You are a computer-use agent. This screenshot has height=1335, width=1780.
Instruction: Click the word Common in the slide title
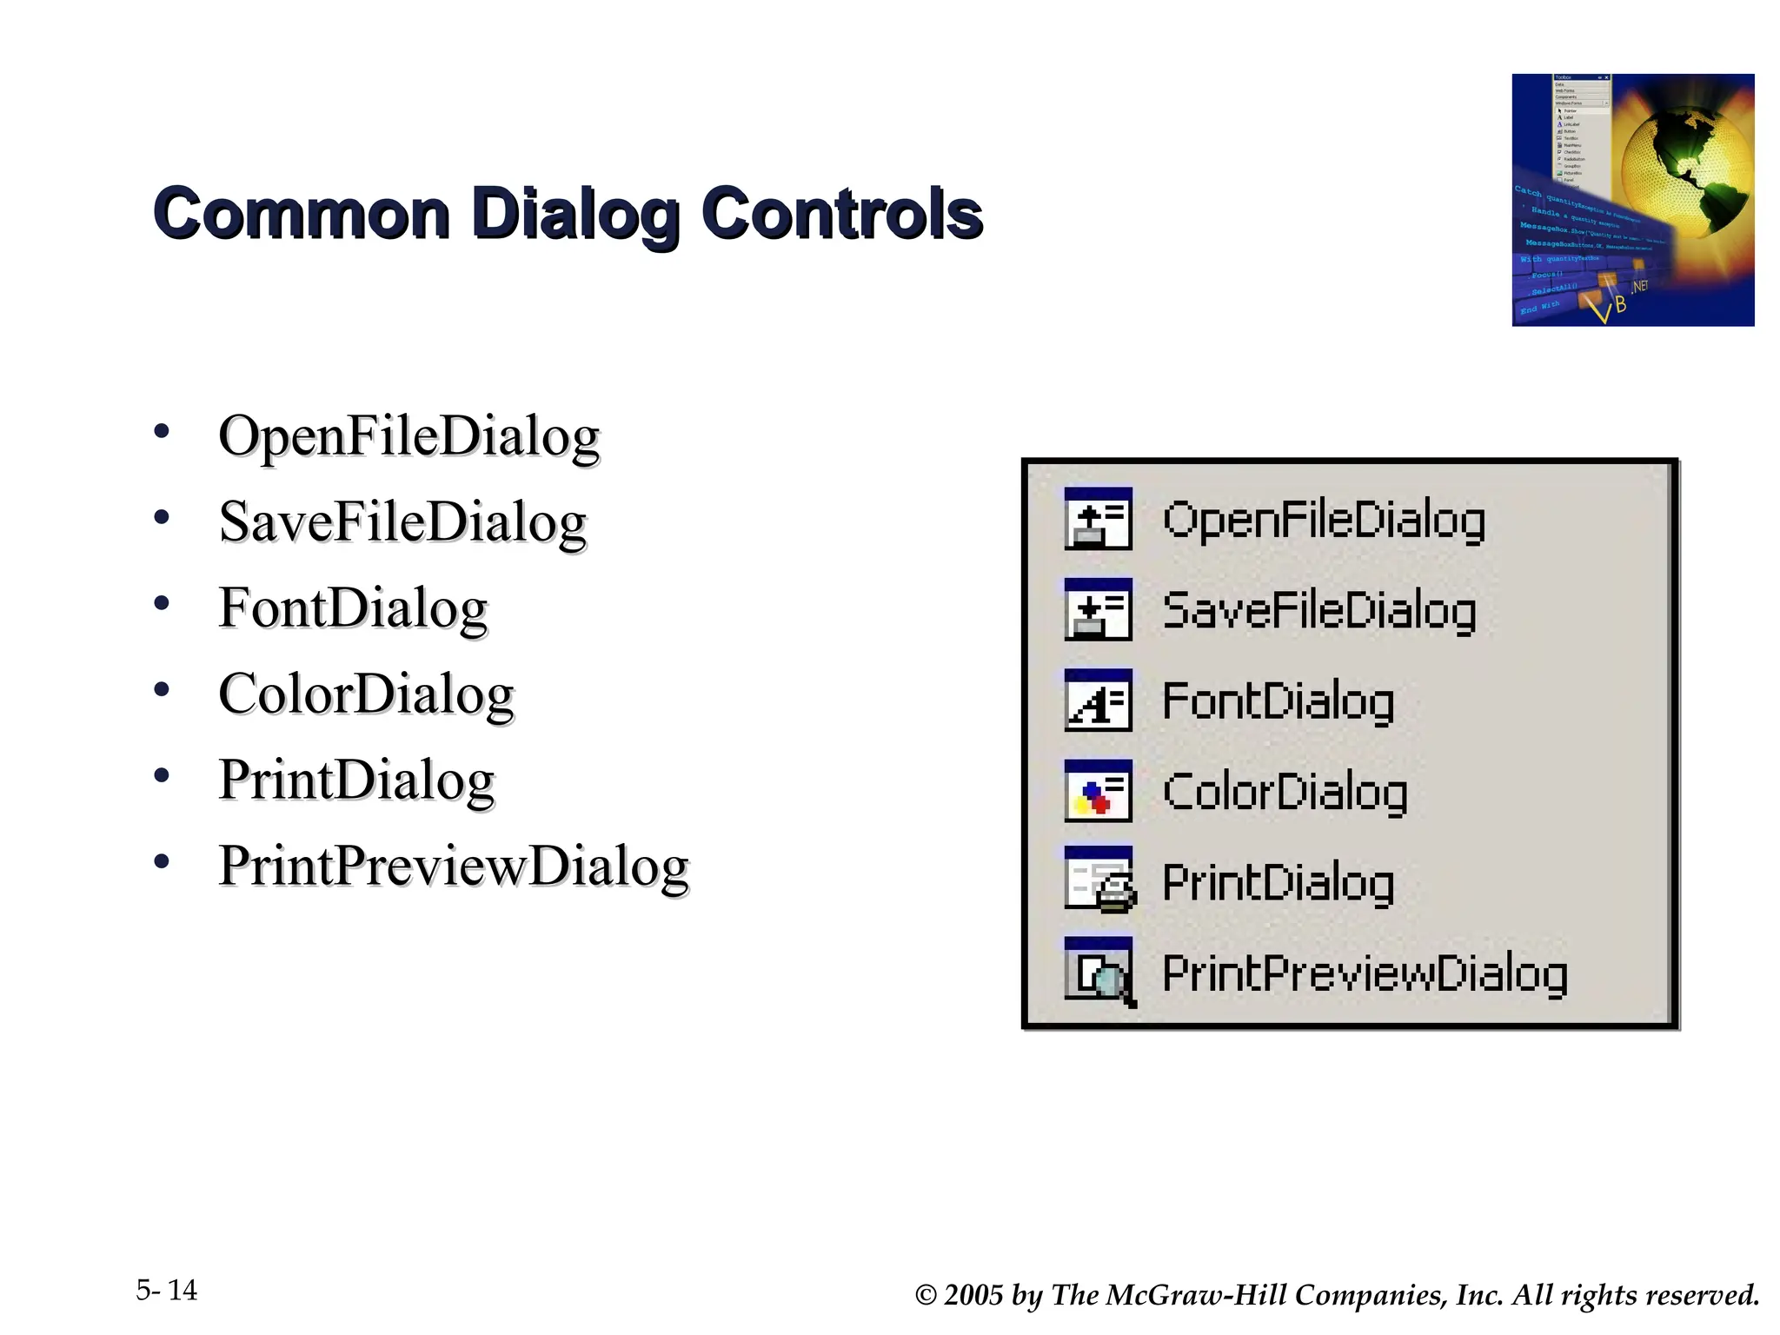tap(301, 214)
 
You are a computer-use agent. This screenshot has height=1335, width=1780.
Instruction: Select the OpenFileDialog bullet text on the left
tap(408, 436)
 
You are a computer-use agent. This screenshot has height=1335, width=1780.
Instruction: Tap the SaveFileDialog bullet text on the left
tap(402, 522)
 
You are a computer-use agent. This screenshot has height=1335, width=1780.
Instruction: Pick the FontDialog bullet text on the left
tap(353, 608)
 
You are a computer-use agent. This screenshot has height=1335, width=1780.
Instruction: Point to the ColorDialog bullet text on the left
tap(366, 694)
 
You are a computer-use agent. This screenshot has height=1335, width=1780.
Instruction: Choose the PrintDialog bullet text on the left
tap(356, 780)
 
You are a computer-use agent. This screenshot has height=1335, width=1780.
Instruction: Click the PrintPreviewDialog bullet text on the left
tap(454, 867)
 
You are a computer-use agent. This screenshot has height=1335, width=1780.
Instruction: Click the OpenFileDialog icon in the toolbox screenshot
tap(1098, 519)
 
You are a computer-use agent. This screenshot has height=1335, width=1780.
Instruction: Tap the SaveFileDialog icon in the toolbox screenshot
tap(1098, 609)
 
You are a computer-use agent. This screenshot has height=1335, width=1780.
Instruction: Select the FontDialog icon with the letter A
tap(1098, 701)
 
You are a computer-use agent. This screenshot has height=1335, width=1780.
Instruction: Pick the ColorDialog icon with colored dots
tap(1098, 791)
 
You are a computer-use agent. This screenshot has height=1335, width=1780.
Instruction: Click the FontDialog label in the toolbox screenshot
tap(1278, 701)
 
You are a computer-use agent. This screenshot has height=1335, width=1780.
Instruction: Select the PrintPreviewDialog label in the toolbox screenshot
tap(1365, 973)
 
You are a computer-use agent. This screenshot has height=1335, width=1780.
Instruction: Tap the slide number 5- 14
tap(167, 1290)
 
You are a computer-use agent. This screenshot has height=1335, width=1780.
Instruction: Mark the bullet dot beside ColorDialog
tap(162, 690)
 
